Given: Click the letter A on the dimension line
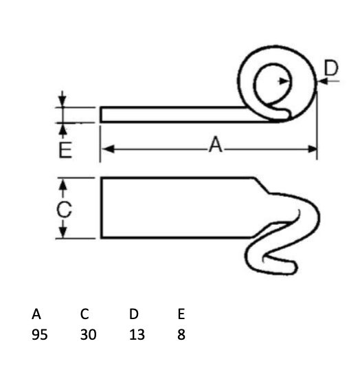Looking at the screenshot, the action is click(216, 144).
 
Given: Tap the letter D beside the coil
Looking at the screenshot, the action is click(331, 68).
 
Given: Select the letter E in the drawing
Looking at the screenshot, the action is click(65, 150).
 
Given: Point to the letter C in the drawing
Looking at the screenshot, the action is click(64, 209).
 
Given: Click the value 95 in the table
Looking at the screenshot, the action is click(40, 335).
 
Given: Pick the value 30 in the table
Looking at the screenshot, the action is click(88, 335).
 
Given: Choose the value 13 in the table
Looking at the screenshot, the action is click(137, 335).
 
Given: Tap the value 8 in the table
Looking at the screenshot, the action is click(181, 335).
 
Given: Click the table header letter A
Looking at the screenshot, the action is click(36, 314).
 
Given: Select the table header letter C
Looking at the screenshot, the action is click(85, 314).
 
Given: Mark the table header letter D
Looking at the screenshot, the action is click(134, 314).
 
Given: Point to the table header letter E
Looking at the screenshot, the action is click(181, 314).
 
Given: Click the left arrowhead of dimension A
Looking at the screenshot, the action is click(108, 149).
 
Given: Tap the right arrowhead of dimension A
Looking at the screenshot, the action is click(312, 149).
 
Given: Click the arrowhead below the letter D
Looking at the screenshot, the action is click(322, 81).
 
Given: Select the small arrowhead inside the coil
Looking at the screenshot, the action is click(283, 81).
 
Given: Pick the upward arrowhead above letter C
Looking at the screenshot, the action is click(63, 185).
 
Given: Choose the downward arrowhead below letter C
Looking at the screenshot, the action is click(63, 232).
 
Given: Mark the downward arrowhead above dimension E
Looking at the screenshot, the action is click(62, 101).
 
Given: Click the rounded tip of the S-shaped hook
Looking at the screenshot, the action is click(294, 267).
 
